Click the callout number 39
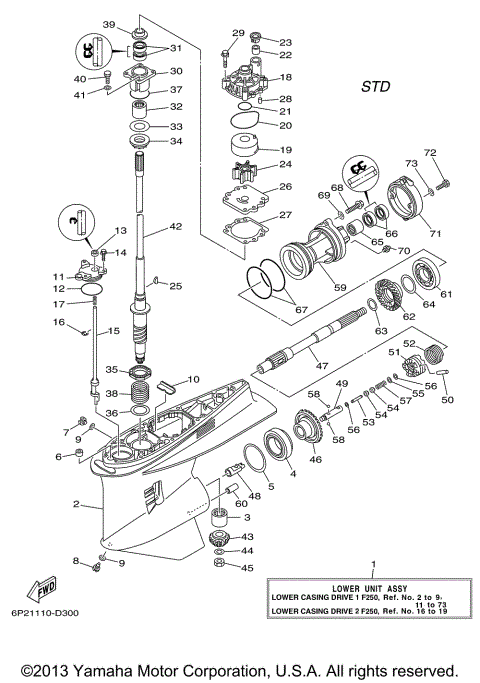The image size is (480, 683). click(108, 24)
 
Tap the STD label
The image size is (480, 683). click(375, 86)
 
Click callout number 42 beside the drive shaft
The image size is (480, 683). click(176, 227)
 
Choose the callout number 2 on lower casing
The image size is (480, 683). click(75, 506)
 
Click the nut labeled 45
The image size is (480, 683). click(219, 568)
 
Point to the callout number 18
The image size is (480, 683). click(285, 77)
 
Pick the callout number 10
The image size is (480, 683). click(192, 380)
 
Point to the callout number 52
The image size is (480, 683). click(437, 343)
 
